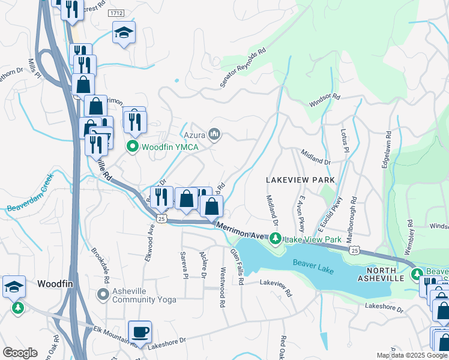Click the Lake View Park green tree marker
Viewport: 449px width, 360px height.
click(276, 239)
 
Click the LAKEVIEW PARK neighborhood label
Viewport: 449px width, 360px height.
click(300, 180)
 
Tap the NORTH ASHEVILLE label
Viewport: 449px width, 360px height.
click(383, 273)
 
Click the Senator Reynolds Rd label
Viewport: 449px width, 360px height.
click(243, 69)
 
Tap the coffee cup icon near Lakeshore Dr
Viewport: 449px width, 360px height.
click(140, 331)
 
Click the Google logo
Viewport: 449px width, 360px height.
click(20, 353)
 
